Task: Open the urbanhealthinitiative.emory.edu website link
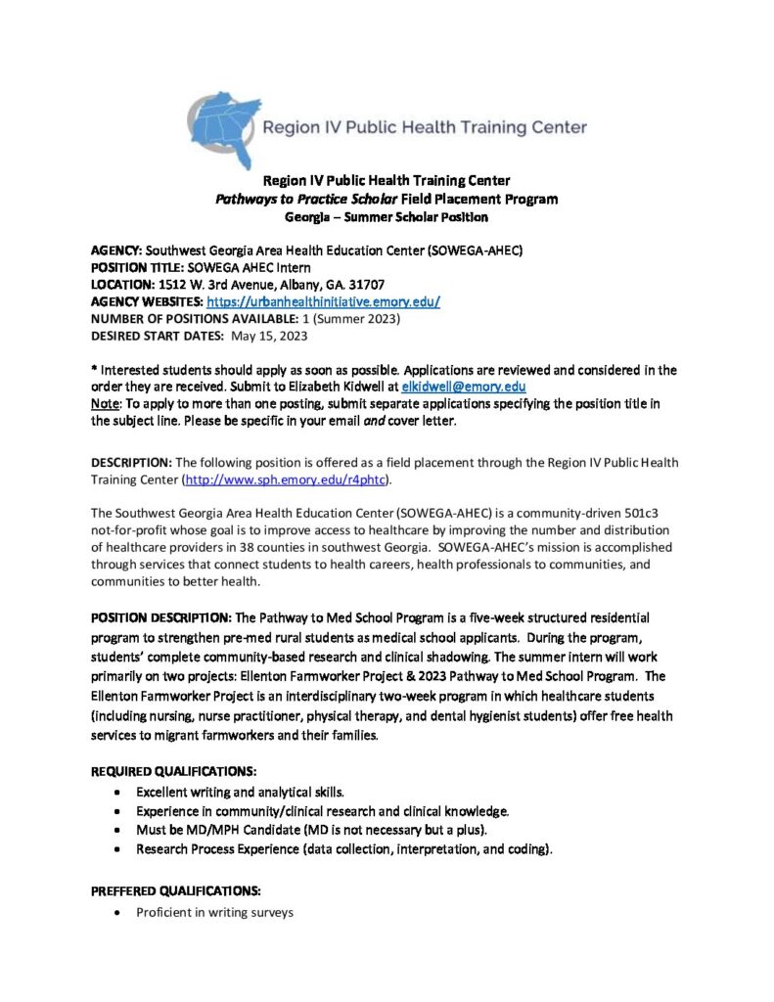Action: tap(322, 302)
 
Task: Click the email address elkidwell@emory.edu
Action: tap(464, 387)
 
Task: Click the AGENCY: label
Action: tap(116, 250)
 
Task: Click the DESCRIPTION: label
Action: tap(131, 462)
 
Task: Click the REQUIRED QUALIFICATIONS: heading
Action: tap(174, 771)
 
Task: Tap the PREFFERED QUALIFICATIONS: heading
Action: tap(175, 891)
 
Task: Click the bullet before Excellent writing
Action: tap(118, 791)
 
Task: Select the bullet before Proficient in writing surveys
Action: tap(118, 913)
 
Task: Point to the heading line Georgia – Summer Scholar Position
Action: tap(387, 216)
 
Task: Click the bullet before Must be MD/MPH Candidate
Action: tap(118, 831)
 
